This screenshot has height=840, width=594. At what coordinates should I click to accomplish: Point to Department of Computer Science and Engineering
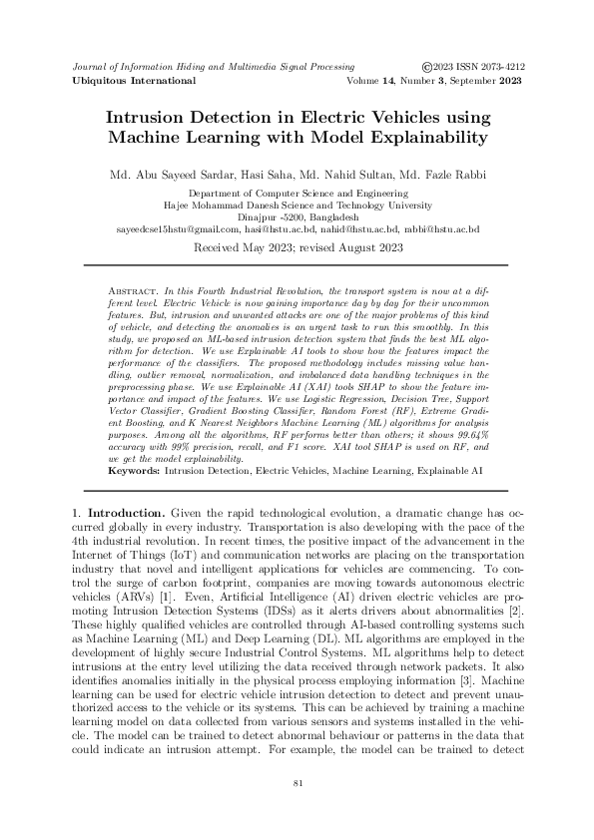click(x=297, y=192)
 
